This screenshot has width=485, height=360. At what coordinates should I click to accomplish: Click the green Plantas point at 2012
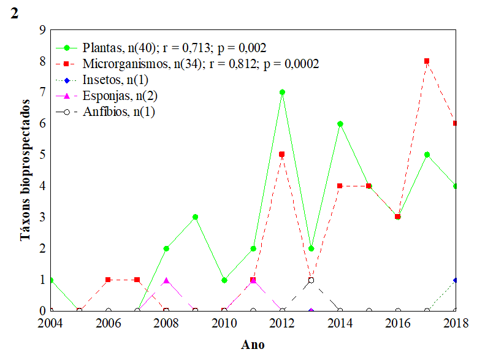[x=282, y=92]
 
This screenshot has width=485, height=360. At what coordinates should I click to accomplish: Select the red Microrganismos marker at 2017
[x=427, y=61]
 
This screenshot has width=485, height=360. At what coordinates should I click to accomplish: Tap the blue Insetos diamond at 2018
[x=456, y=280]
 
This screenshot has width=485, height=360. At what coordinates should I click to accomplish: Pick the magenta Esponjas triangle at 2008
[x=166, y=280]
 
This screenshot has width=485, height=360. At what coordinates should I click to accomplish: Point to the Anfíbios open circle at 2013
[x=311, y=280]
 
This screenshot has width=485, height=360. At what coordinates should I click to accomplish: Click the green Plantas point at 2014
[x=340, y=123]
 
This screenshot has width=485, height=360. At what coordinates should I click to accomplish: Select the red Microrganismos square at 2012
[x=282, y=155]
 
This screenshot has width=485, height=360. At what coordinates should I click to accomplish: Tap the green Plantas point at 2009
[x=195, y=217]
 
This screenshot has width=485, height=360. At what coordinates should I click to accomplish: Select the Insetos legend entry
[x=119, y=80]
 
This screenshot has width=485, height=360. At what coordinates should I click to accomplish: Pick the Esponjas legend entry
[x=123, y=96]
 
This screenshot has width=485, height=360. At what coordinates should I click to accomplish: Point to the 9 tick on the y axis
[x=42, y=30]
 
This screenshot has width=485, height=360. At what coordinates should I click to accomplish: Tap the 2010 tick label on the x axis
[x=224, y=323]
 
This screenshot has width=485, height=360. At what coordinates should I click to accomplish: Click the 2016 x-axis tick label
[x=397, y=323]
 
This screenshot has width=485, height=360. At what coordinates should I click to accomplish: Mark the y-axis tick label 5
[x=42, y=155]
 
